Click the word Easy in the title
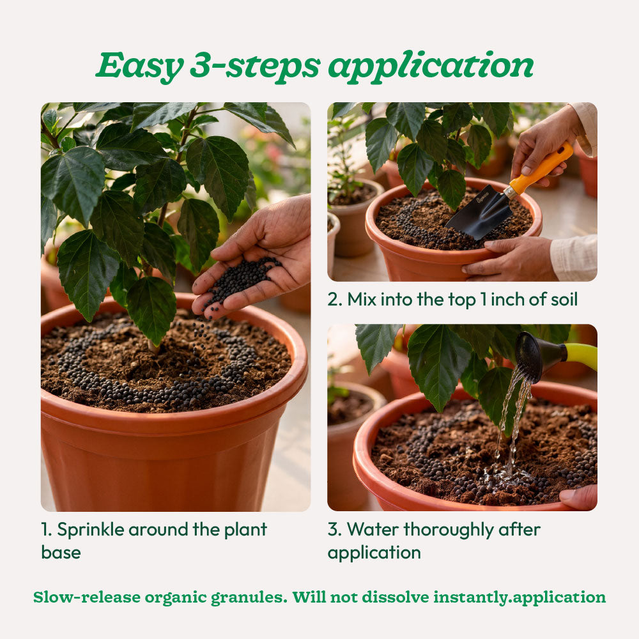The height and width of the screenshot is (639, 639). [x=139, y=65]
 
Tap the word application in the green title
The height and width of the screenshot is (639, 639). [x=431, y=66]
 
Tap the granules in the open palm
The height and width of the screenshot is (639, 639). [x=240, y=281]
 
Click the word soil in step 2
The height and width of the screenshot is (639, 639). [x=564, y=300]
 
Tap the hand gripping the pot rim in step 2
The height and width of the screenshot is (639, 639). [x=509, y=257]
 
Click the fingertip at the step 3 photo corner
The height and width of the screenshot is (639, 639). [x=577, y=497]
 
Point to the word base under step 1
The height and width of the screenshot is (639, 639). [x=61, y=553]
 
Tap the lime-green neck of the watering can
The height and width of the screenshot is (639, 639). [x=580, y=355]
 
